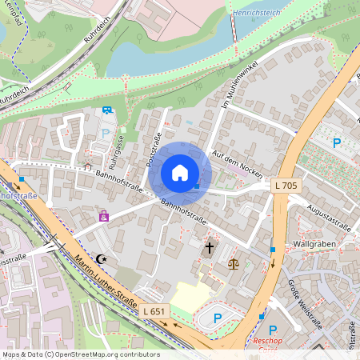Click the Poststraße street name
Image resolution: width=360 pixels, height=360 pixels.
pos(154,149)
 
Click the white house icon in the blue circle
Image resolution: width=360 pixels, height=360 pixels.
pos(180,173)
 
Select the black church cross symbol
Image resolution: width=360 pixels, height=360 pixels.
pos(210,249)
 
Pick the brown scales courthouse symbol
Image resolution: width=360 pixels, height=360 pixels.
pos(234,262)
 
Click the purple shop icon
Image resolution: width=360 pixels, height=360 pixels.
pos(103,216)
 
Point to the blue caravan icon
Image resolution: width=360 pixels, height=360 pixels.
pos(106,110)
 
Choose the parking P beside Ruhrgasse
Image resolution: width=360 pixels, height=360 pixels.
pos(105,134)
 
